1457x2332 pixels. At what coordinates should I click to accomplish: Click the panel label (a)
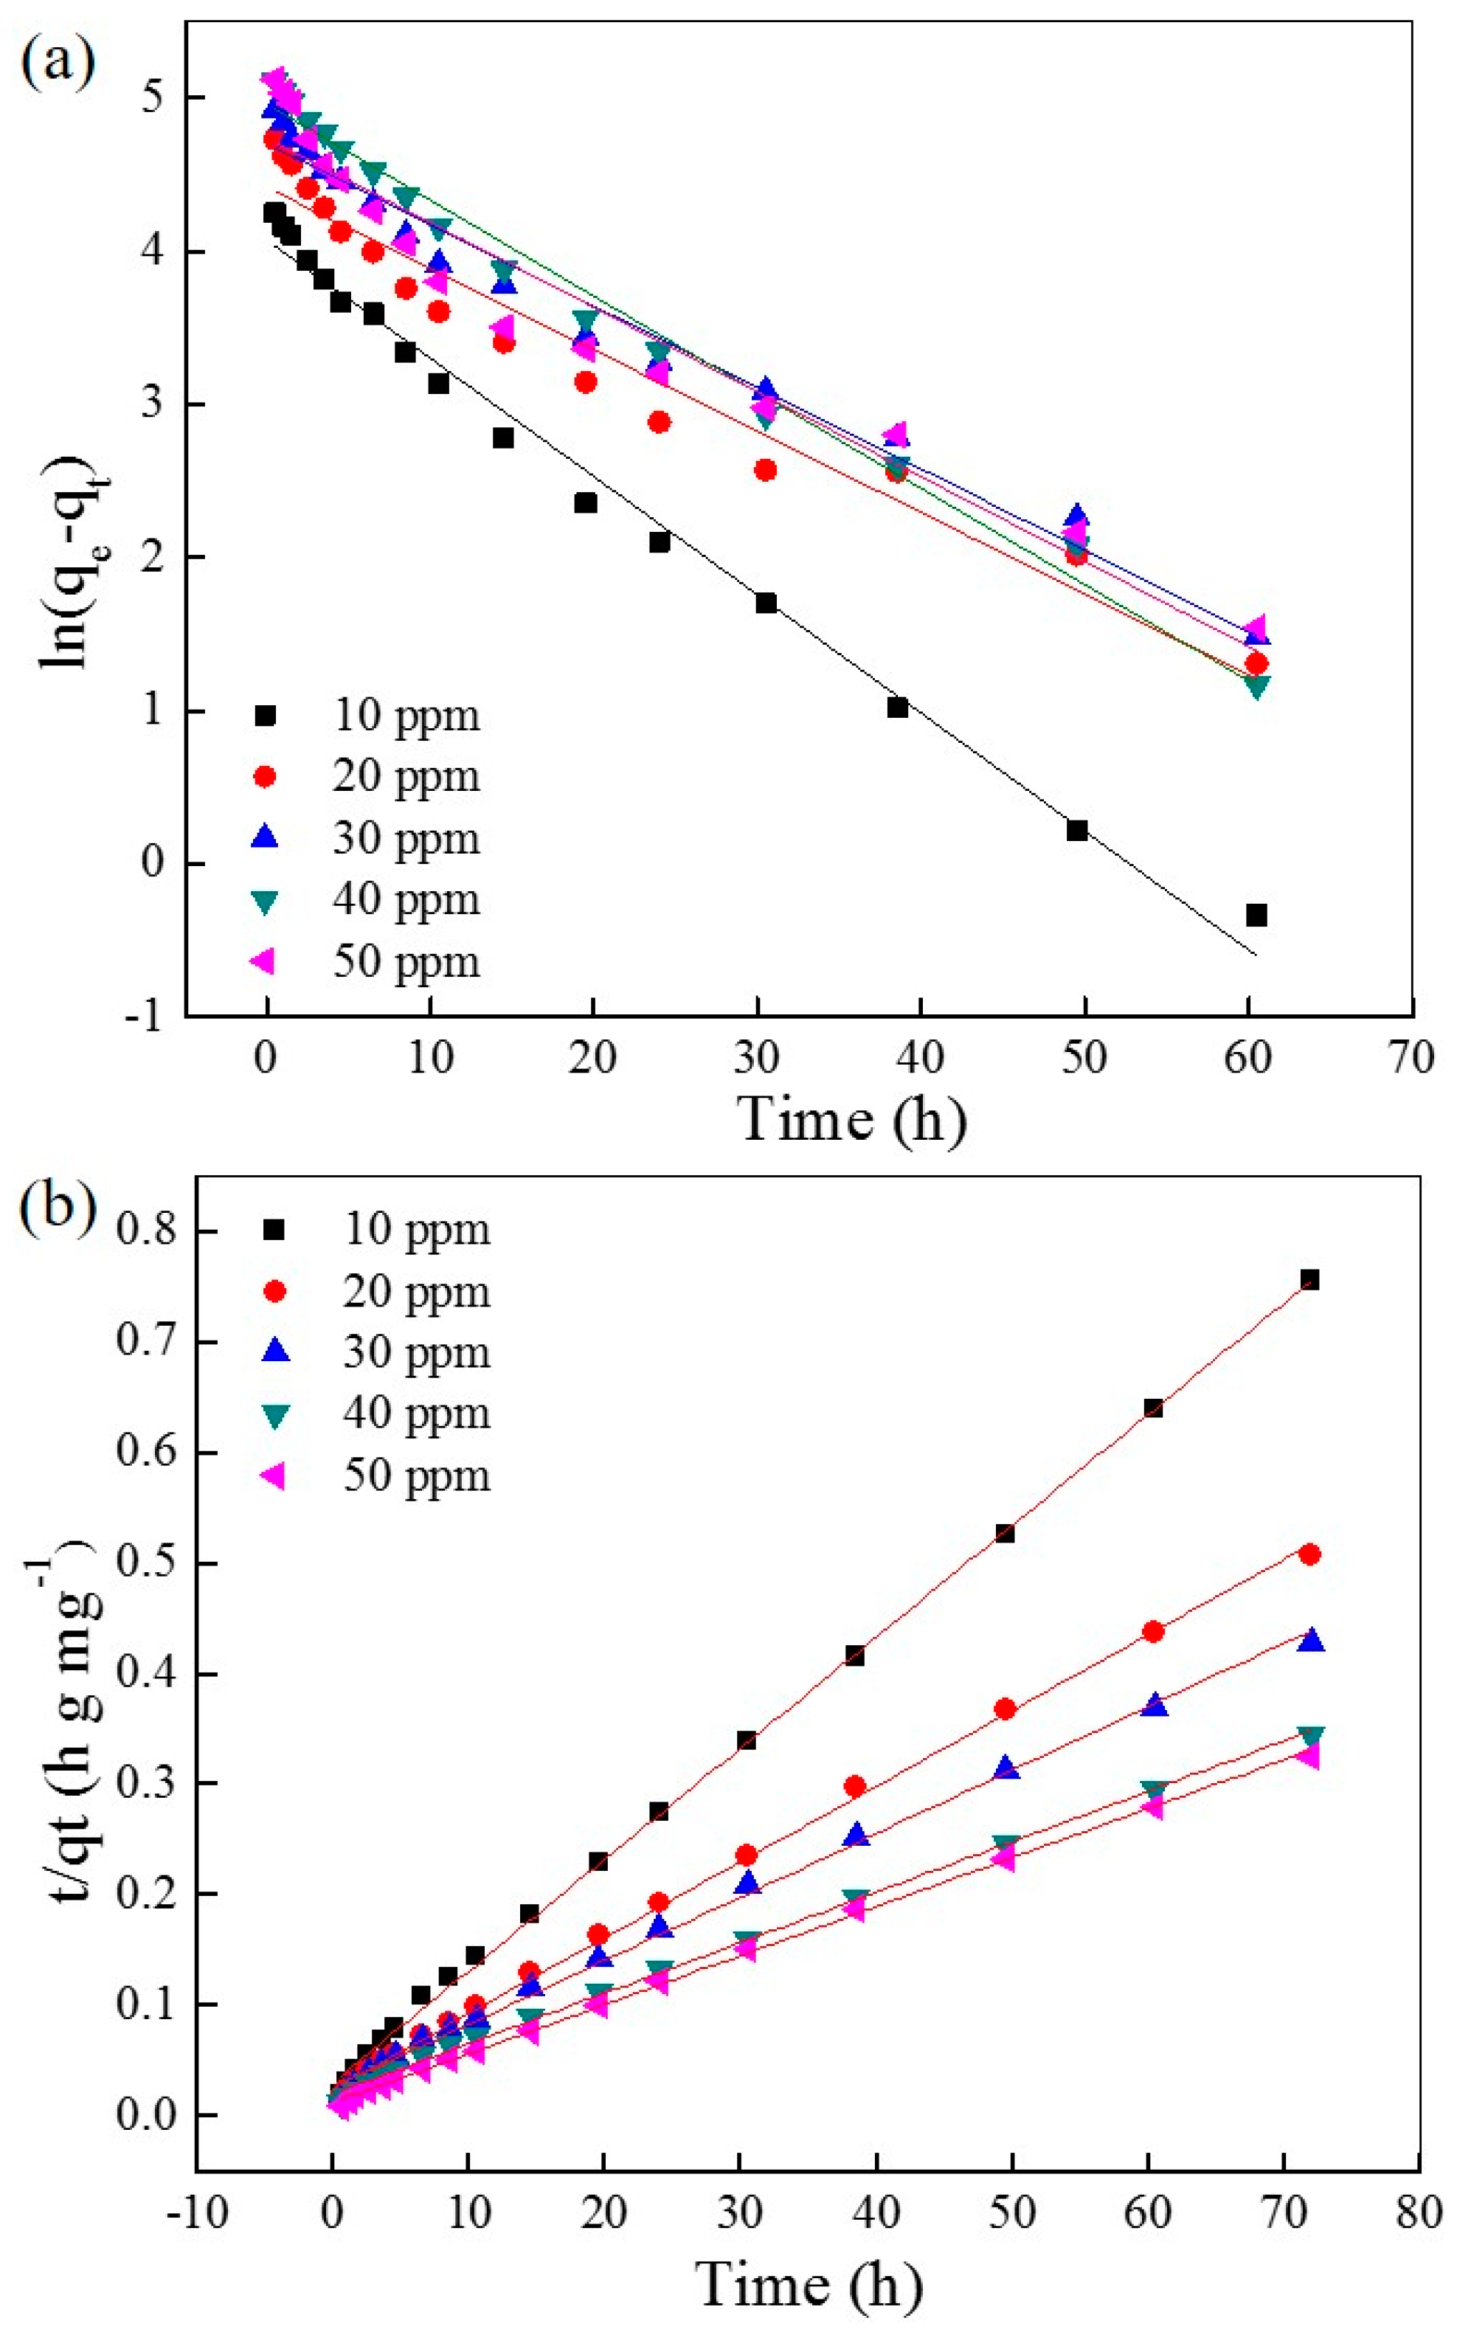pyautogui.click(x=58, y=63)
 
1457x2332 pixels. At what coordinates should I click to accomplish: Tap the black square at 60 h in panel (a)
pyautogui.click(x=1256, y=915)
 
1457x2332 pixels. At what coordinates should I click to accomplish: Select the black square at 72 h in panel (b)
pyautogui.click(x=1309, y=1280)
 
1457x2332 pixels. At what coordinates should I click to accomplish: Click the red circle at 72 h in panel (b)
pyautogui.click(x=1309, y=1554)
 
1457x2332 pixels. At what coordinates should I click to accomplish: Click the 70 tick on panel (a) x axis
pyautogui.click(x=1412, y=1058)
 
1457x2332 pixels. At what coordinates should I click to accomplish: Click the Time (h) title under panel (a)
pyautogui.click(x=853, y=1121)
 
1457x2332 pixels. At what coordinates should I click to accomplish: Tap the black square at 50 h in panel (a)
pyautogui.click(x=1077, y=831)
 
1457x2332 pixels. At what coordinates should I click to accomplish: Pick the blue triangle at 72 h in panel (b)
pyautogui.click(x=1310, y=1641)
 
